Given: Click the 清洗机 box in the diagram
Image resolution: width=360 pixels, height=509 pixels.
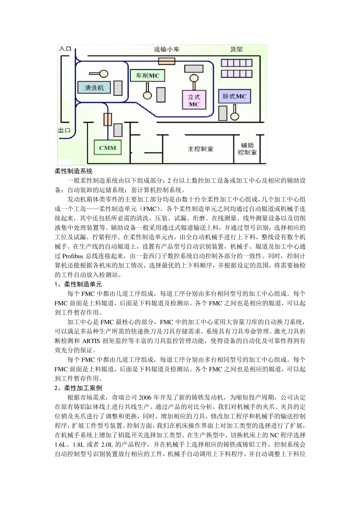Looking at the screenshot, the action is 94,88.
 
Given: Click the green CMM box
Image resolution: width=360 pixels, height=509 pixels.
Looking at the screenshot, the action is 108,148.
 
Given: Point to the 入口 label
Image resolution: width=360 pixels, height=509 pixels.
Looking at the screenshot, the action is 65,49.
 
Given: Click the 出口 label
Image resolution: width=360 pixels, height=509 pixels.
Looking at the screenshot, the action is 64,130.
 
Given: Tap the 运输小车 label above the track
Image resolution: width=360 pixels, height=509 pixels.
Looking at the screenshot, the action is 167,49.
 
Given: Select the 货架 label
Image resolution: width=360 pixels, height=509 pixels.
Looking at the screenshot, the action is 236,49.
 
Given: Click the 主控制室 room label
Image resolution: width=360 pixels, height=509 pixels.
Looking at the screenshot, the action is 200,149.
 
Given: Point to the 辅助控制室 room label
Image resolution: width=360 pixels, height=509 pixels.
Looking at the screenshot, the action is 247,148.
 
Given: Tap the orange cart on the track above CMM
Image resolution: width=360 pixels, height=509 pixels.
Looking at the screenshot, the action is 108,119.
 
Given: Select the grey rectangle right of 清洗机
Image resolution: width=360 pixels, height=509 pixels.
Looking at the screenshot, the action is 118,88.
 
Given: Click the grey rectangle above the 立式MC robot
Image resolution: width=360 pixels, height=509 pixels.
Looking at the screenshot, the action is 194,69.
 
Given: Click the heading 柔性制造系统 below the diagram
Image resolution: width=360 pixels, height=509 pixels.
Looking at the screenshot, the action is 74,171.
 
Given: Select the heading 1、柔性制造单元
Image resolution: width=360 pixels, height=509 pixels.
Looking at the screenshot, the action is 78,284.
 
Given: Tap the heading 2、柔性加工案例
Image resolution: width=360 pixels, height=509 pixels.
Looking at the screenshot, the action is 78,388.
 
